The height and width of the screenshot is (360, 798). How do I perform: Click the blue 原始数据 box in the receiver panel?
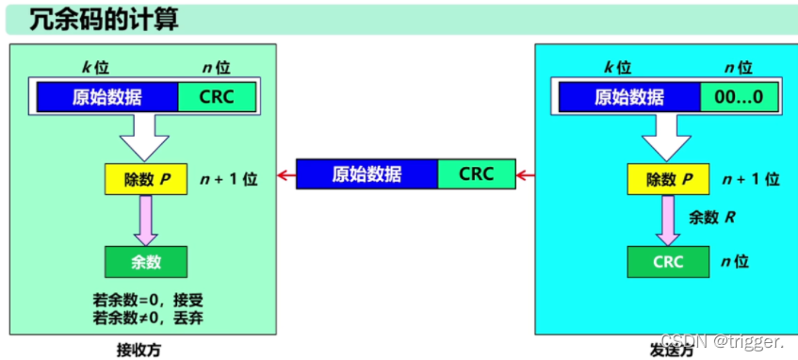coord(107,97)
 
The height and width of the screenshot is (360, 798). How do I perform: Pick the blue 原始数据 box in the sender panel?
coord(629,97)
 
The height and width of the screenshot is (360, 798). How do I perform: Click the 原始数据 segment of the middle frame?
coord(367,174)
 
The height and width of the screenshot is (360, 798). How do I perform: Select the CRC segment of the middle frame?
coord(477,174)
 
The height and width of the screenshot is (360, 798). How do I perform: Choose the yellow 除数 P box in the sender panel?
coord(668,178)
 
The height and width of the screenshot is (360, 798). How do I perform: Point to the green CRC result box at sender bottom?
coord(668,262)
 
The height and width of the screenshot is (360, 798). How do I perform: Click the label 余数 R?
coord(711,217)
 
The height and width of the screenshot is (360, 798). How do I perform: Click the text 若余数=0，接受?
coord(148,300)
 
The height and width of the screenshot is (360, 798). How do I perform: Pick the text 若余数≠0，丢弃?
coord(148,318)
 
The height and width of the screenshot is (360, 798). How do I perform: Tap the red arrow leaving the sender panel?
coord(526,174)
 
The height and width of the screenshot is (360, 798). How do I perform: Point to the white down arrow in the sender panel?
coord(668,139)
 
